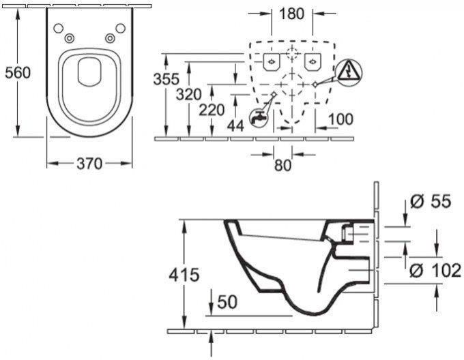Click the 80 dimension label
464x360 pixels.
tap(282, 164)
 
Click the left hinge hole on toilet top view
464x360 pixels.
tap(58, 28)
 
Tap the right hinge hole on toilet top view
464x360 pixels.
tap(119, 28)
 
